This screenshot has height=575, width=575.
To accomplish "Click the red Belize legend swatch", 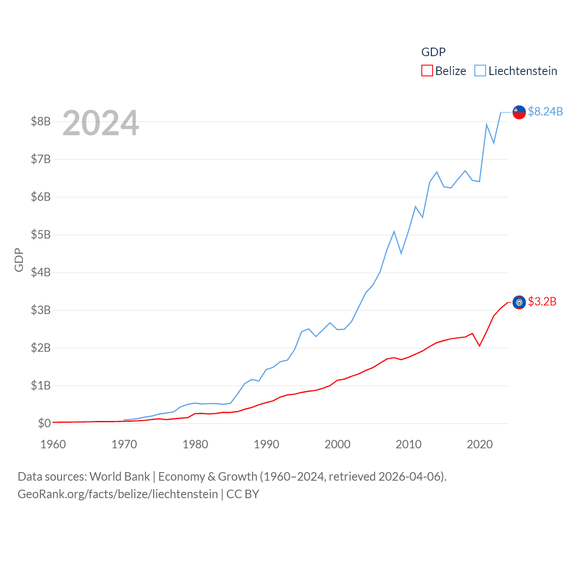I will click(x=427, y=71).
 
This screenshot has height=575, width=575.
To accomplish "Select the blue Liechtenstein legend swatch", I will click(x=480, y=71).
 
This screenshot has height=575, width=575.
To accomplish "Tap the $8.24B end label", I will click(x=545, y=111).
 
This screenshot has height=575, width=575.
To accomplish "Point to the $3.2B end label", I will click(x=542, y=301).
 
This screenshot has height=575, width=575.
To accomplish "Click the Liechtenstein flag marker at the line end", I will click(x=519, y=112).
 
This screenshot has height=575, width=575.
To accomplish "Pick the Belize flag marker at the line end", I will click(x=519, y=302).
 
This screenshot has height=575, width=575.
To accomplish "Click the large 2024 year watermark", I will click(x=101, y=123).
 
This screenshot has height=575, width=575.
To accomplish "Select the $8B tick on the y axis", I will click(x=40, y=121).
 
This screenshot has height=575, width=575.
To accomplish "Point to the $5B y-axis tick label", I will click(x=40, y=234).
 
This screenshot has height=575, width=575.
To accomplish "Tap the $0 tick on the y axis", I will click(x=44, y=423).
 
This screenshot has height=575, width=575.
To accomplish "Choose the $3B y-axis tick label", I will click(x=40, y=310).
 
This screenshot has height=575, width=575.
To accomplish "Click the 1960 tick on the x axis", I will click(x=53, y=444).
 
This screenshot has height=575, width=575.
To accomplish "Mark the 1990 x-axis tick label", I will click(x=266, y=444).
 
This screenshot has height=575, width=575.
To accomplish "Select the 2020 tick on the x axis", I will click(x=480, y=444).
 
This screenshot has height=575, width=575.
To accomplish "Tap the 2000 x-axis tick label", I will click(x=337, y=444).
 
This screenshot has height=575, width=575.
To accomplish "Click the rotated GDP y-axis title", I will click(x=19, y=260).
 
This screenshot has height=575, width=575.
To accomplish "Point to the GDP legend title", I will click(x=433, y=52).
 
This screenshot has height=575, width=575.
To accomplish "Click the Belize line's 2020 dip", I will click(x=480, y=346).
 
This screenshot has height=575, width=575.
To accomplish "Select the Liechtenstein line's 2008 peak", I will click(x=394, y=231).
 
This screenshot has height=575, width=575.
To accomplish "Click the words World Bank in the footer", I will click(x=119, y=477).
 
